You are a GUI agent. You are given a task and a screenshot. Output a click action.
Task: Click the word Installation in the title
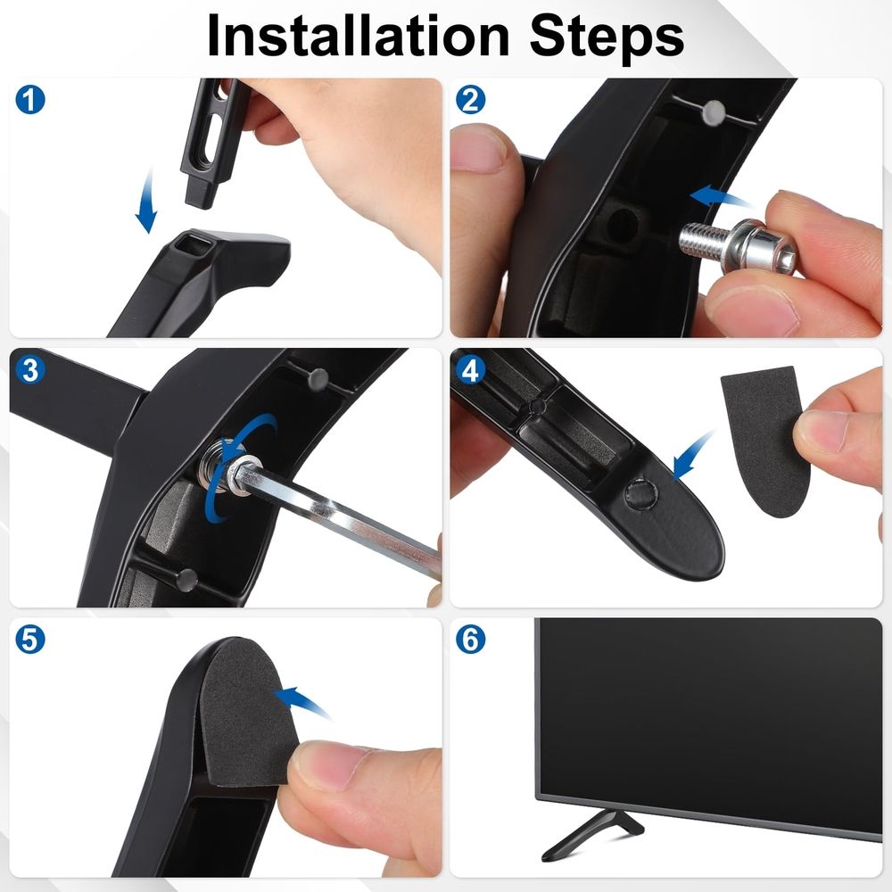[358, 36]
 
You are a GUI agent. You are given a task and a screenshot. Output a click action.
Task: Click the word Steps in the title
[607, 37]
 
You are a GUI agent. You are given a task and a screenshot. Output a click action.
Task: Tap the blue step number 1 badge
[30, 100]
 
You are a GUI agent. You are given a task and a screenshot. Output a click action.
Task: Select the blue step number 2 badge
[470, 100]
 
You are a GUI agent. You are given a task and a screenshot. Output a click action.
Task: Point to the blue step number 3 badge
[30, 370]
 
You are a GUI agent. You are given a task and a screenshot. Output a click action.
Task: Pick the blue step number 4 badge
[470, 370]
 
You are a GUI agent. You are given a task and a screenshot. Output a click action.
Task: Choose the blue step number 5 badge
[30, 640]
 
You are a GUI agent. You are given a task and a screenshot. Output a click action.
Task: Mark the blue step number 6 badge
[470, 640]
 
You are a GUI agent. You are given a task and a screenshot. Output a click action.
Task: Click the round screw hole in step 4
[641, 493]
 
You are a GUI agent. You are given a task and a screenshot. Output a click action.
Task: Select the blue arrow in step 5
[301, 701]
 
